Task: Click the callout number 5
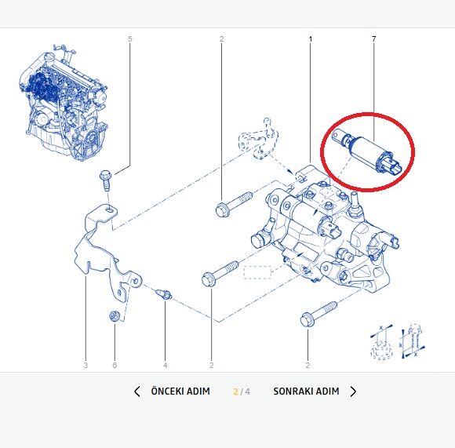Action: coord(129,38)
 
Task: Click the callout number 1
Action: coord(310,38)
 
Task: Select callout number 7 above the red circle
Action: coord(373,38)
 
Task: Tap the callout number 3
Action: coord(86,365)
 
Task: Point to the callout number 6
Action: coord(115,365)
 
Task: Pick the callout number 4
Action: coord(165,365)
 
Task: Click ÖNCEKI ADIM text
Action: coord(180,392)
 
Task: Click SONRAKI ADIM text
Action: coord(306,392)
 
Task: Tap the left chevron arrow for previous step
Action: coord(137,392)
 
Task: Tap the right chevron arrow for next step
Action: coord(353,392)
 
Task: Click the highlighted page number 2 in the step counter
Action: coord(235,392)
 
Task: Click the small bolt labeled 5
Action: coord(105,180)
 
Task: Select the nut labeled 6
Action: coord(114,315)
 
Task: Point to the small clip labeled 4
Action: coord(164,293)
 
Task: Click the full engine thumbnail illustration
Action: coord(64,103)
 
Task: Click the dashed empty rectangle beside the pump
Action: coord(257,272)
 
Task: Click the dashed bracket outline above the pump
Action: coord(258,140)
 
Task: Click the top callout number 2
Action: coord(222,38)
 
